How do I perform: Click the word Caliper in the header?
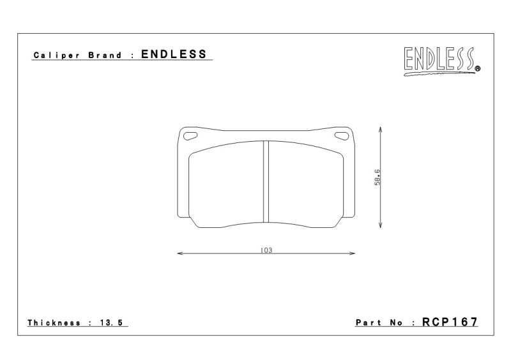(x=57, y=55)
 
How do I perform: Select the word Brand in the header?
(x=105, y=55)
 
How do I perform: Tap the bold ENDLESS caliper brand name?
(x=174, y=54)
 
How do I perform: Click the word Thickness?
(x=54, y=323)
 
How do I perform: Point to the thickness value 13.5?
(x=111, y=323)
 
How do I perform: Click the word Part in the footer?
(x=369, y=322)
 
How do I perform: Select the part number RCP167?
(x=450, y=322)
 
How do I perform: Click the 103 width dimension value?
(x=266, y=250)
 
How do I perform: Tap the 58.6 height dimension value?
(x=377, y=177)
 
